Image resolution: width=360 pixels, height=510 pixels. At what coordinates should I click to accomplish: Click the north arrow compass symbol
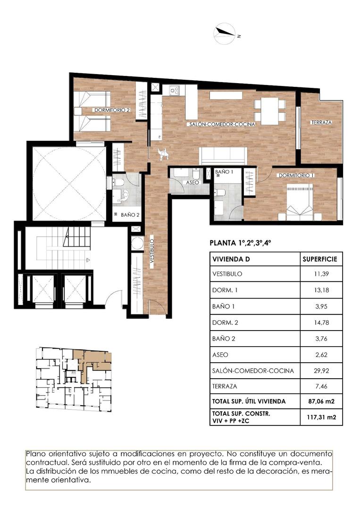pos(225,32)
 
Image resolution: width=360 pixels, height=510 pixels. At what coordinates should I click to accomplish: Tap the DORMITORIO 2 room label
pos(111,110)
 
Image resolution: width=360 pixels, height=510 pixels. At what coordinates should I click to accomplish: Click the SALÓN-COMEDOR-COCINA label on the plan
pos(222,124)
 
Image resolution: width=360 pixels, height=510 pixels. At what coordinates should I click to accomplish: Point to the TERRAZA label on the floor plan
pos(321,122)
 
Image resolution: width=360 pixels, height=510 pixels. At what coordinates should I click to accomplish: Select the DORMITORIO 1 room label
pos(296,175)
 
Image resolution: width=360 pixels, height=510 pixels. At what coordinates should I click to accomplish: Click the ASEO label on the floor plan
pos(192,182)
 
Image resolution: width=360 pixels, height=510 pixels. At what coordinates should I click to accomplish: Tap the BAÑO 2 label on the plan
pos(130,214)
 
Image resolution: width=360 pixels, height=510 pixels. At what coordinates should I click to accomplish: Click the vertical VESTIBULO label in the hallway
pos(152,253)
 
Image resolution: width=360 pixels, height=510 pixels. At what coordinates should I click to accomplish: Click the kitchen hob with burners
pos(174,90)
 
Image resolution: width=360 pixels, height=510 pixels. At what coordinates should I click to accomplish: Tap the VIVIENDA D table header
pos(232,260)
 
